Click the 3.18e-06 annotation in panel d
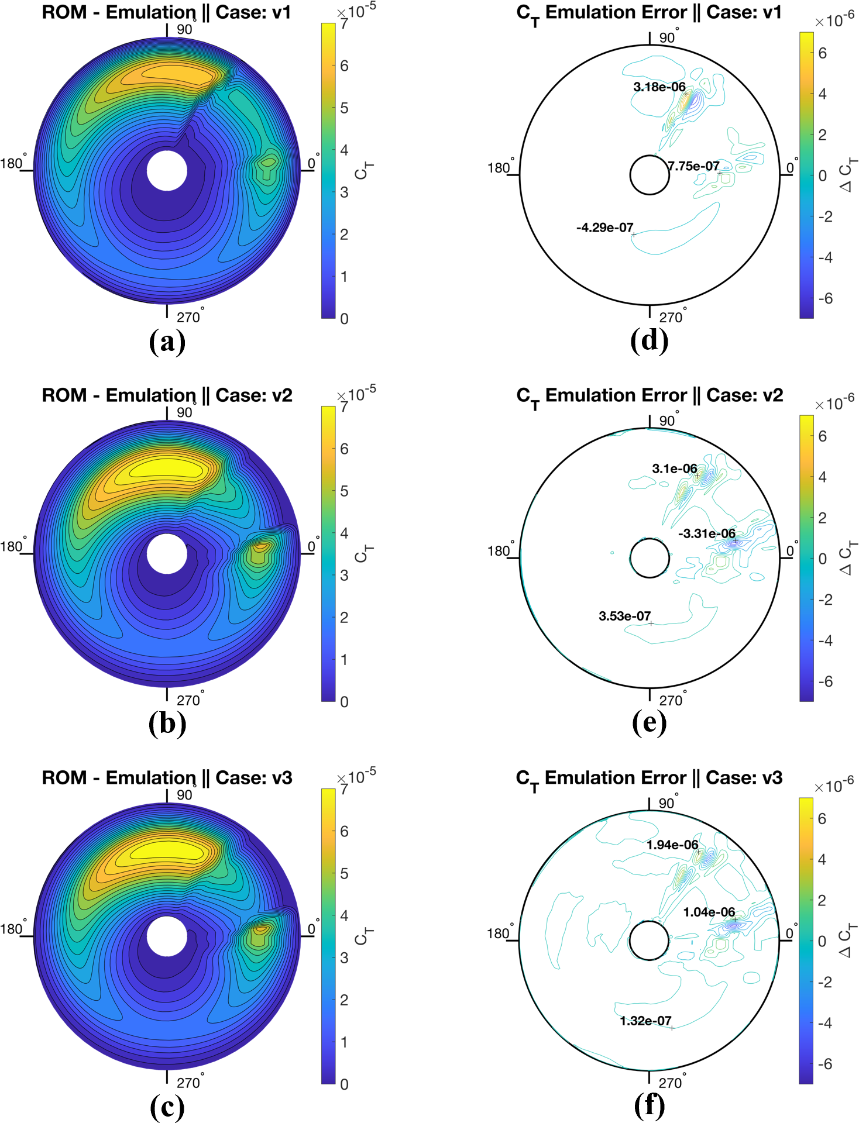click(x=659, y=87)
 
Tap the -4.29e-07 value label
click(x=604, y=228)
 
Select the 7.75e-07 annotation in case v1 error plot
click(x=694, y=166)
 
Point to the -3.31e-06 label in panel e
click(x=706, y=533)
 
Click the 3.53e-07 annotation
click(x=624, y=616)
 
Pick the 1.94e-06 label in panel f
click(x=672, y=845)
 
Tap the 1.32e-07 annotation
click(x=645, y=1021)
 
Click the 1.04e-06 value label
click(x=709, y=912)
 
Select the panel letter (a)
click(x=167, y=342)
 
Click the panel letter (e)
click(x=649, y=724)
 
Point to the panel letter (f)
click(x=649, y=1106)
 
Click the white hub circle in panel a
click(x=167, y=171)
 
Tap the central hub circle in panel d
click(x=649, y=174)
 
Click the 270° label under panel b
click(x=189, y=700)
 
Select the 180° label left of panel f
click(x=499, y=933)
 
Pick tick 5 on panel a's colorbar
click(x=344, y=108)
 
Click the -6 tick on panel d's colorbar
click(x=825, y=298)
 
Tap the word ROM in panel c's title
click(x=64, y=778)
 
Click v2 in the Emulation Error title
click(x=771, y=395)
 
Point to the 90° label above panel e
click(x=667, y=421)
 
